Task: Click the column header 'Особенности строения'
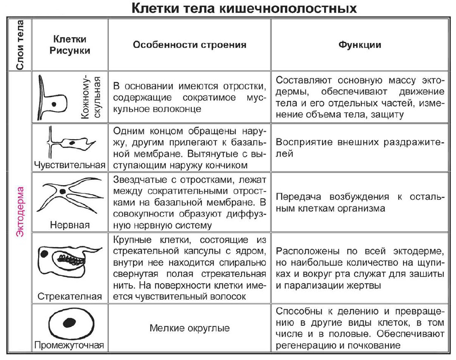(x=189, y=45)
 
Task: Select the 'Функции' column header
(x=360, y=45)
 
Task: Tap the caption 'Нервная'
(x=69, y=225)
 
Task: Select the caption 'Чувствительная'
(x=69, y=165)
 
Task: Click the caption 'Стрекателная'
(x=69, y=296)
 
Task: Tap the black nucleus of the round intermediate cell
(x=66, y=322)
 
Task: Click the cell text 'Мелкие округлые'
(x=189, y=329)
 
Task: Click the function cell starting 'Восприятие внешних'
(x=360, y=148)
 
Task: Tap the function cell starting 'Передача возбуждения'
(x=360, y=203)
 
